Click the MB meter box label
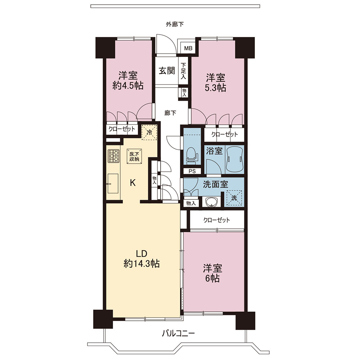[188, 49]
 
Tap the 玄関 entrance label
[167, 71]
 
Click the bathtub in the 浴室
[234, 158]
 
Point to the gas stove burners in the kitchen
[113, 156]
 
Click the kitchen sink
[113, 183]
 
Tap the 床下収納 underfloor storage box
[134, 156]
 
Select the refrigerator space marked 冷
[149, 132]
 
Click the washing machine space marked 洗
[234, 198]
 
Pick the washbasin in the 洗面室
[211, 202]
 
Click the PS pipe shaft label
[192, 171]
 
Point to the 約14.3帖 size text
[141, 264]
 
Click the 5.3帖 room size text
[215, 88]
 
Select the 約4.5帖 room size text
[128, 85]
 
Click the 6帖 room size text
[212, 278]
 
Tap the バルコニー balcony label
[179, 333]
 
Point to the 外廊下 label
[175, 24]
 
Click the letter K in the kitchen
[133, 183]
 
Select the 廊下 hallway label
[170, 113]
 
